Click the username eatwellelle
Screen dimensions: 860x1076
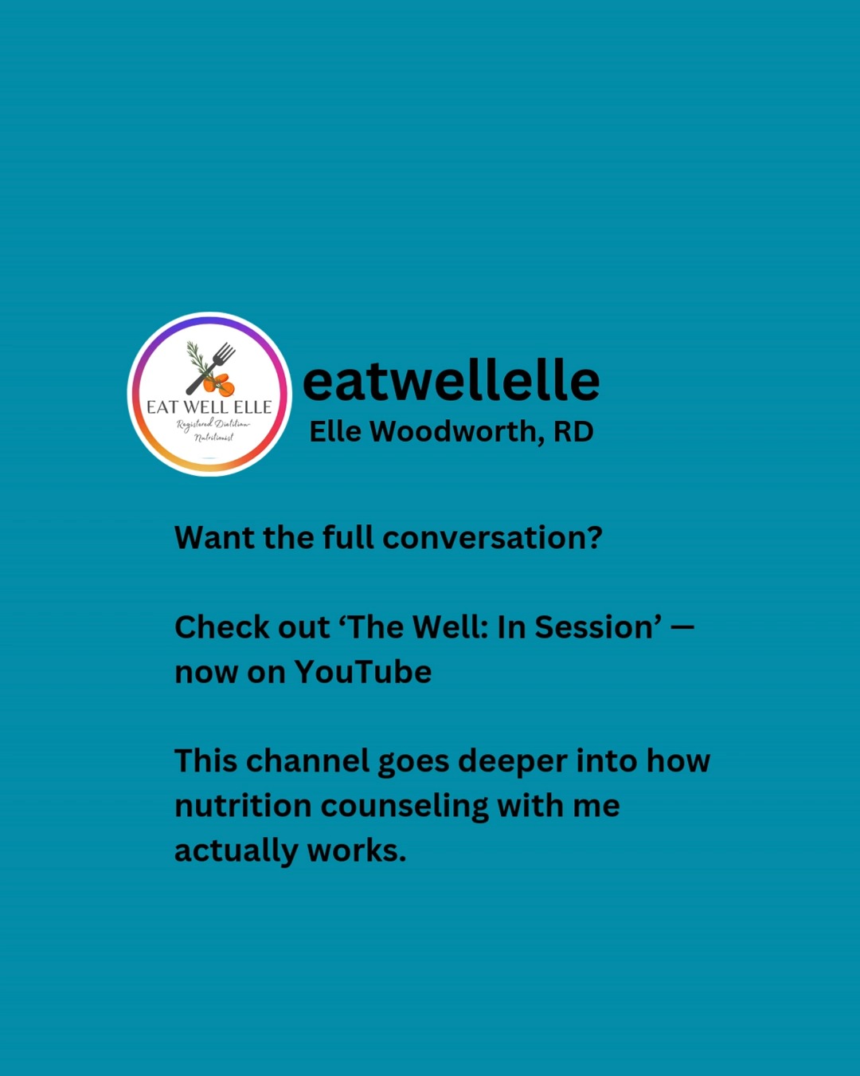451,380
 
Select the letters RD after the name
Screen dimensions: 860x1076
573,431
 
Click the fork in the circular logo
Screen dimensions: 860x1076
211,367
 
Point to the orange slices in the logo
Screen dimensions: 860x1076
219,384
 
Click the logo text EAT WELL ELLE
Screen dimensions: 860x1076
209,407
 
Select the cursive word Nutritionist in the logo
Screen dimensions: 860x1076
214,438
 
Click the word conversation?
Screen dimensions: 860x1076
492,537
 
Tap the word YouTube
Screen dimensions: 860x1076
363,671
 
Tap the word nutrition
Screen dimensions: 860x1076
243,806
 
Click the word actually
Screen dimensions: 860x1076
236,851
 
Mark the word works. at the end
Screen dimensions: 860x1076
356,850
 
